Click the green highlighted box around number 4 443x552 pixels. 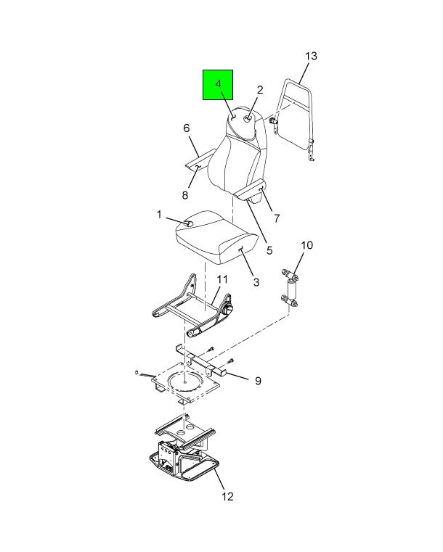pos(218,85)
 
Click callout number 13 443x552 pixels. pos(312,57)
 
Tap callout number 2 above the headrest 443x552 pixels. pos(260,90)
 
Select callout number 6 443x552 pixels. pos(187,128)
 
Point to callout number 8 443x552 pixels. pos(185,195)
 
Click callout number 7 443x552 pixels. pos(277,218)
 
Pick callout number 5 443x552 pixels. pos(269,250)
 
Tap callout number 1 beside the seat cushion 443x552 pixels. pos(159,215)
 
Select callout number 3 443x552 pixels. pos(256,282)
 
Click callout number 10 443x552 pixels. pos(307,245)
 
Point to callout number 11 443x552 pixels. pos(222,279)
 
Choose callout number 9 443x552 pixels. pos(258,381)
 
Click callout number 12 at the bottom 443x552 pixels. pos(227,496)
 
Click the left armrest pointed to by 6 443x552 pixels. pos(200,160)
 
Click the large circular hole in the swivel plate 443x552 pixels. pos(185,381)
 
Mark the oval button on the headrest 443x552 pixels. pos(248,119)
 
